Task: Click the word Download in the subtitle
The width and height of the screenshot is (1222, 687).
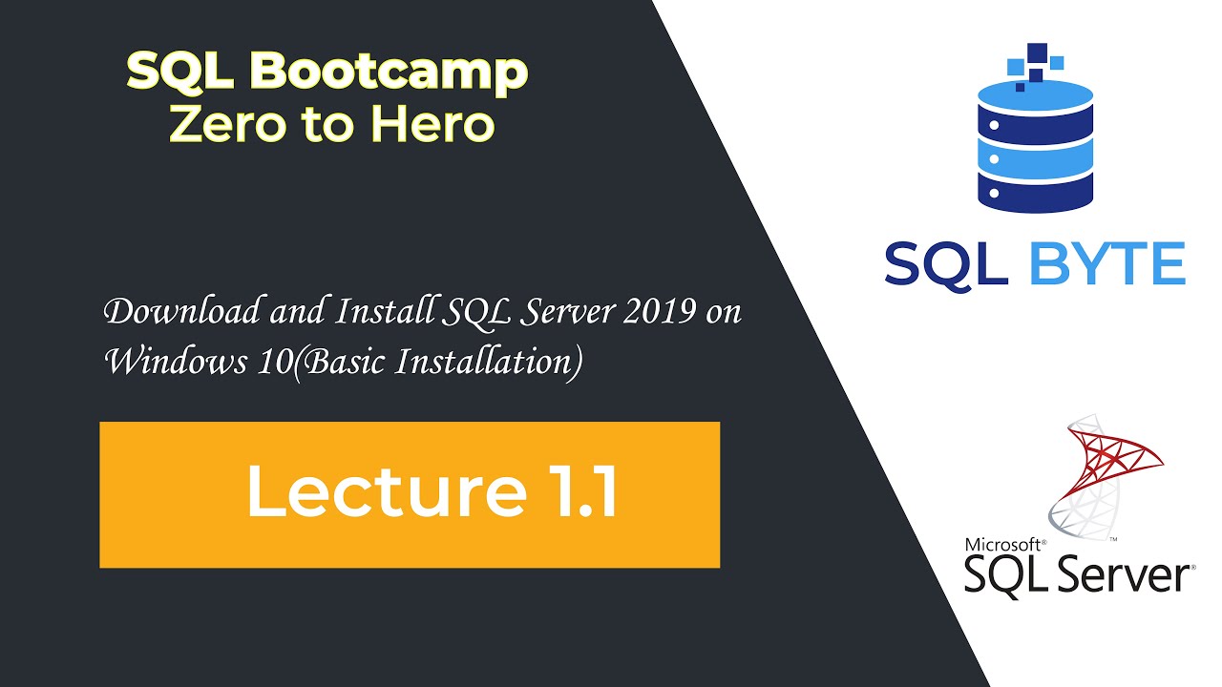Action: [168, 312]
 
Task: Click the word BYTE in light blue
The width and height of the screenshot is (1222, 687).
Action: [1107, 263]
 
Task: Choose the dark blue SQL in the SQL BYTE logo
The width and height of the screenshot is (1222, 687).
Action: [946, 263]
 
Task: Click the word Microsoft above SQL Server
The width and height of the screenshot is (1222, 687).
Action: [1004, 545]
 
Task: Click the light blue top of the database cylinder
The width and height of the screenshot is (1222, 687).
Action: [1036, 95]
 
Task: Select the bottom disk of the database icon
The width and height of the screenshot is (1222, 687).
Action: [1036, 191]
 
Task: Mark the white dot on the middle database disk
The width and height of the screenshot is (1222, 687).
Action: [993, 157]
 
